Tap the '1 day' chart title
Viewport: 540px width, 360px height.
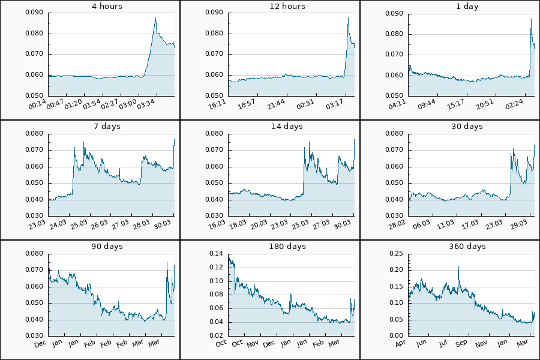467,7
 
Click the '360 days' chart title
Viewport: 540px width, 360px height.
467,247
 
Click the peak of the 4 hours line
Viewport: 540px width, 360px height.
155,19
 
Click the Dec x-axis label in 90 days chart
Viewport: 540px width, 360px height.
41,344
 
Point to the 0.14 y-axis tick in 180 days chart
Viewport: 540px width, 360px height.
216,254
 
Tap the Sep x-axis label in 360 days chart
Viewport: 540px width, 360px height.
461,344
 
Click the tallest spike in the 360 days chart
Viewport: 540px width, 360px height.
459,268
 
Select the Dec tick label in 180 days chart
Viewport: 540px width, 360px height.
269,344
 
